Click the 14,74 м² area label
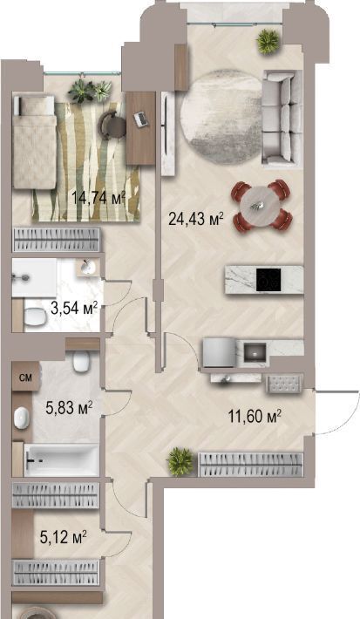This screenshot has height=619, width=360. [98, 197]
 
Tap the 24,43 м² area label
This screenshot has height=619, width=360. [196, 218]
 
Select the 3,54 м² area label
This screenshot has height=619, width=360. [74, 309]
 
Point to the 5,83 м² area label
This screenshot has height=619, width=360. [69, 408]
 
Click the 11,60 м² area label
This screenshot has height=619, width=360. [255, 416]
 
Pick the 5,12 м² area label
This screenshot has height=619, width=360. [64, 537]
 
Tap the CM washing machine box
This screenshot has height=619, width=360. [25, 378]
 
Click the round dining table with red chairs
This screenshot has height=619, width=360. [262, 206]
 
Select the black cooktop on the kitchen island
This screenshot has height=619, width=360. [268, 280]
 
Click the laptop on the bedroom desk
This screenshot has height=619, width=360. [140, 119]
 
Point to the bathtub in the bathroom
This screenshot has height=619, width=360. [61, 459]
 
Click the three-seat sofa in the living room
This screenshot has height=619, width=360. [282, 117]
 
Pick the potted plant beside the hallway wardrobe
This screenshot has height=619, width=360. [180, 461]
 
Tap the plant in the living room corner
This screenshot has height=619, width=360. [268, 40]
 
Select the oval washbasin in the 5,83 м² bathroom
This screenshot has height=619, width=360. [22, 418]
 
